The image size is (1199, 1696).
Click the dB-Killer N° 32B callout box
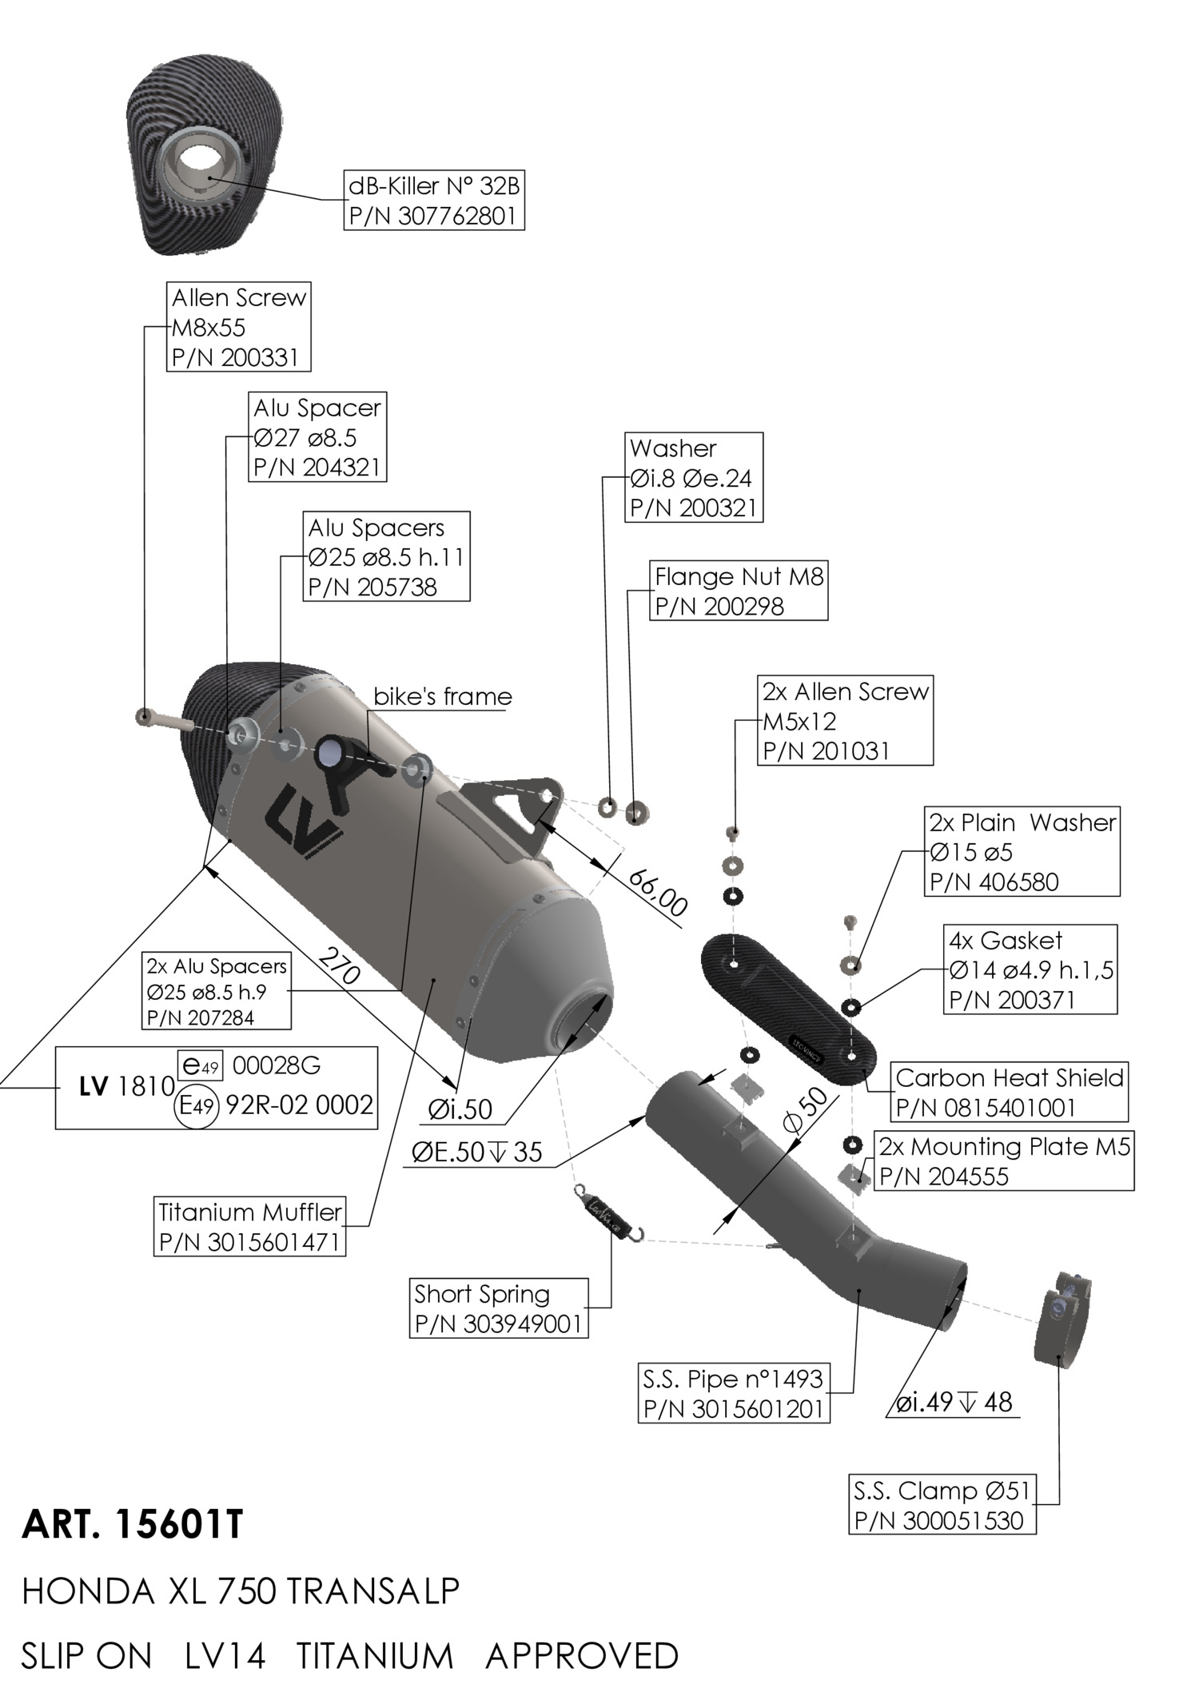[434, 200]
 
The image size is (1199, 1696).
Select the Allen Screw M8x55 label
[238, 327]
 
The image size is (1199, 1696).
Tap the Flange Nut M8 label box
[738, 591]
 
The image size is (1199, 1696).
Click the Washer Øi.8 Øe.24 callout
[693, 477]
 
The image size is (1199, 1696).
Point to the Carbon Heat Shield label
[1009, 1092]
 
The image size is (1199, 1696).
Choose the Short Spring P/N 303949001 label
[498, 1308]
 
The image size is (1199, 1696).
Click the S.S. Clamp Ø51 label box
[942, 1505]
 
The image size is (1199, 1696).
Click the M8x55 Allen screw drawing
[163, 719]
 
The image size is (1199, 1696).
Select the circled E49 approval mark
[195, 1106]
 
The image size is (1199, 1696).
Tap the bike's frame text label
[442, 696]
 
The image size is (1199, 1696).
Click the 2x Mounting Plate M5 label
[1004, 1161]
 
